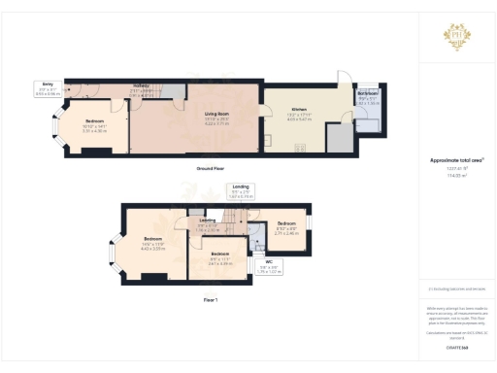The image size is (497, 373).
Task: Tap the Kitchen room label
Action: [x=299, y=115]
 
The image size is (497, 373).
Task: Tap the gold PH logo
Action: [x=456, y=38]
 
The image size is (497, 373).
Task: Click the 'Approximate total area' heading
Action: [x=455, y=160]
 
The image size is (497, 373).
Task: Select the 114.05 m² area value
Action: [x=455, y=176]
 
